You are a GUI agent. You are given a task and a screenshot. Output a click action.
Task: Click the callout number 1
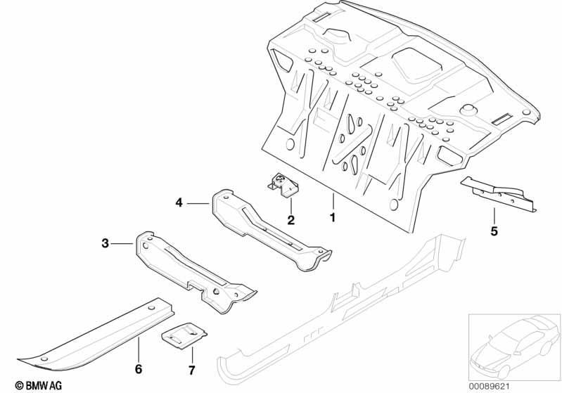(x=333, y=217)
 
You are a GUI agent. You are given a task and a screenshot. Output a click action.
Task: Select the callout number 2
(x=290, y=220)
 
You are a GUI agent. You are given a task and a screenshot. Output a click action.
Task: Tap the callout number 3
(x=105, y=244)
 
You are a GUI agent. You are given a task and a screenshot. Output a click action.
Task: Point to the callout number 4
(x=179, y=203)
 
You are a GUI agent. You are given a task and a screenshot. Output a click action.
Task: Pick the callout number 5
(x=494, y=231)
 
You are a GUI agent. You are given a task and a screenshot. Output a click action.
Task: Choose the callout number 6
(x=139, y=368)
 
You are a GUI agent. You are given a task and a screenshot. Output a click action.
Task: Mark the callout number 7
(x=191, y=370)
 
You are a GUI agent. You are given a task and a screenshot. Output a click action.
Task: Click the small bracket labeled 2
(x=283, y=184)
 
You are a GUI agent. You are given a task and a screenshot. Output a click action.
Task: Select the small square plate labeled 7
(x=184, y=335)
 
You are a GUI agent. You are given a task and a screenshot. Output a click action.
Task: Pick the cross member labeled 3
(x=194, y=273)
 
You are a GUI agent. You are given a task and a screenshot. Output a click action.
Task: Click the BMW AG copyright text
(x=39, y=385)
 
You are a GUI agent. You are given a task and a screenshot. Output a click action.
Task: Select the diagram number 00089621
(x=490, y=386)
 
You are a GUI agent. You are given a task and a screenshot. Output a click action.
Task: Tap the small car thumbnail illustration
(x=515, y=347)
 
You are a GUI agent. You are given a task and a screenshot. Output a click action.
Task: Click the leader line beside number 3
(x=122, y=244)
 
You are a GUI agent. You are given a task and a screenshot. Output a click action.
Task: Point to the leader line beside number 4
(x=198, y=203)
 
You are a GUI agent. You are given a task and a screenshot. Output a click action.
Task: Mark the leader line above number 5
(x=494, y=216)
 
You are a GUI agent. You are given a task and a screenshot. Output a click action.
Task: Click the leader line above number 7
(x=192, y=354)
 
